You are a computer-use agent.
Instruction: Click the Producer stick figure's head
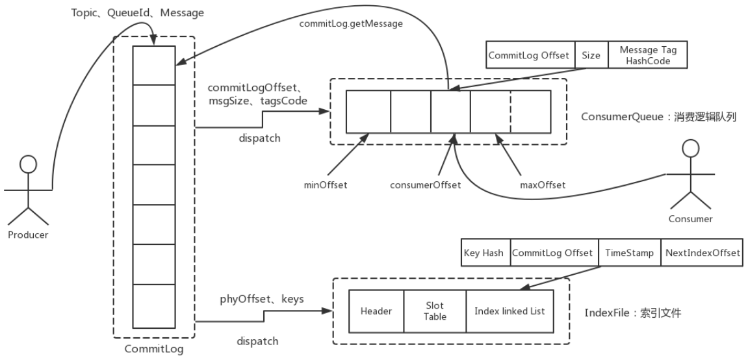pos(27,164)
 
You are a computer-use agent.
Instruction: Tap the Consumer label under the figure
pos(690,219)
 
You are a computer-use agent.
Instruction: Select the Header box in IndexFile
pos(376,311)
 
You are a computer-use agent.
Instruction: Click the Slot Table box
pos(435,311)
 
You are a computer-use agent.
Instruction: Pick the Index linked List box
pos(509,311)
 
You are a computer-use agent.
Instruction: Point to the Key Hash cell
pos(484,253)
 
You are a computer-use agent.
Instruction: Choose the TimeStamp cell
pos(628,253)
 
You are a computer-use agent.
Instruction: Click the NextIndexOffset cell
pos(701,253)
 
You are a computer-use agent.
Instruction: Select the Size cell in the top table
pos(591,55)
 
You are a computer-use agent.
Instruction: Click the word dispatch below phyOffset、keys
pos(258,341)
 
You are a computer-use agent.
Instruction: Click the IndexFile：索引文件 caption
pos(633,313)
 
